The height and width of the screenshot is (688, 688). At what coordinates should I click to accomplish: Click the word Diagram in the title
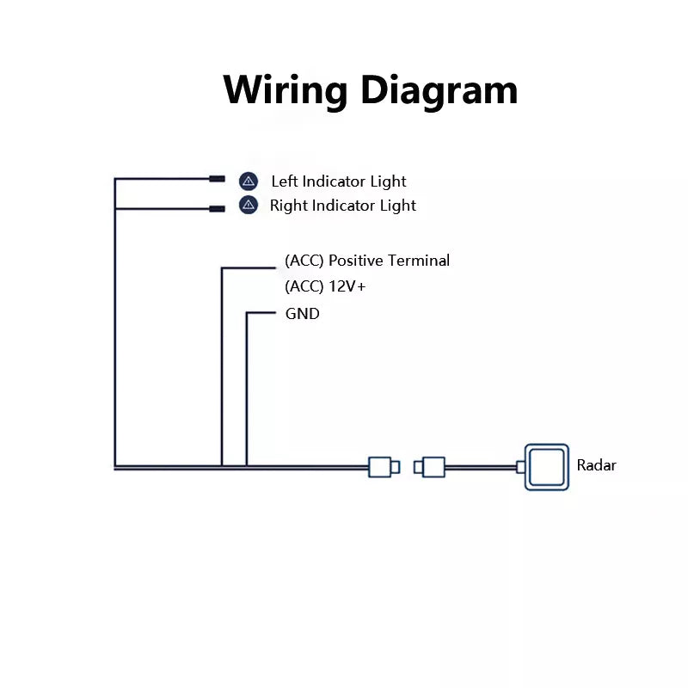click(439, 89)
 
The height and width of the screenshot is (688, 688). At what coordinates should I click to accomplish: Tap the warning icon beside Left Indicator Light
click(249, 181)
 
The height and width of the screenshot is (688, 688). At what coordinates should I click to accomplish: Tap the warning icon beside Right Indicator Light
click(249, 205)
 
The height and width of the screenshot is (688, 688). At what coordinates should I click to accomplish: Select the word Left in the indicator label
click(284, 181)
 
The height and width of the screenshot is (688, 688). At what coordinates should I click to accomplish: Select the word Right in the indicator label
click(289, 206)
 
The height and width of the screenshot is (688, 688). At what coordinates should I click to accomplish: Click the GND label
click(302, 314)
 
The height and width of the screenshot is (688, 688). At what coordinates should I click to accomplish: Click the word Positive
click(356, 261)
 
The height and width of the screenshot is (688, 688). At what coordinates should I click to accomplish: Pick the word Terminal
click(419, 261)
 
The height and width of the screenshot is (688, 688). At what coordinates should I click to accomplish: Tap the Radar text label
click(596, 466)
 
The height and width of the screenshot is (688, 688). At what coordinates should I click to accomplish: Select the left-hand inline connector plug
click(380, 467)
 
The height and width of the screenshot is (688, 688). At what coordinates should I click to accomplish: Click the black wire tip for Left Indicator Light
click(217, 180)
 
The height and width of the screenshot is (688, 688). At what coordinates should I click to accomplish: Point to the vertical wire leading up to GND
click(247, 387)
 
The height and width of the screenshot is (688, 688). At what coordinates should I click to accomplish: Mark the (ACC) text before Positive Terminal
click(304, 261)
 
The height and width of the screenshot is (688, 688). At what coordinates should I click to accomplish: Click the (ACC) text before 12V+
click(304, 287)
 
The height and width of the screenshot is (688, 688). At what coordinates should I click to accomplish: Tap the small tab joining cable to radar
click(520, 467)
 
